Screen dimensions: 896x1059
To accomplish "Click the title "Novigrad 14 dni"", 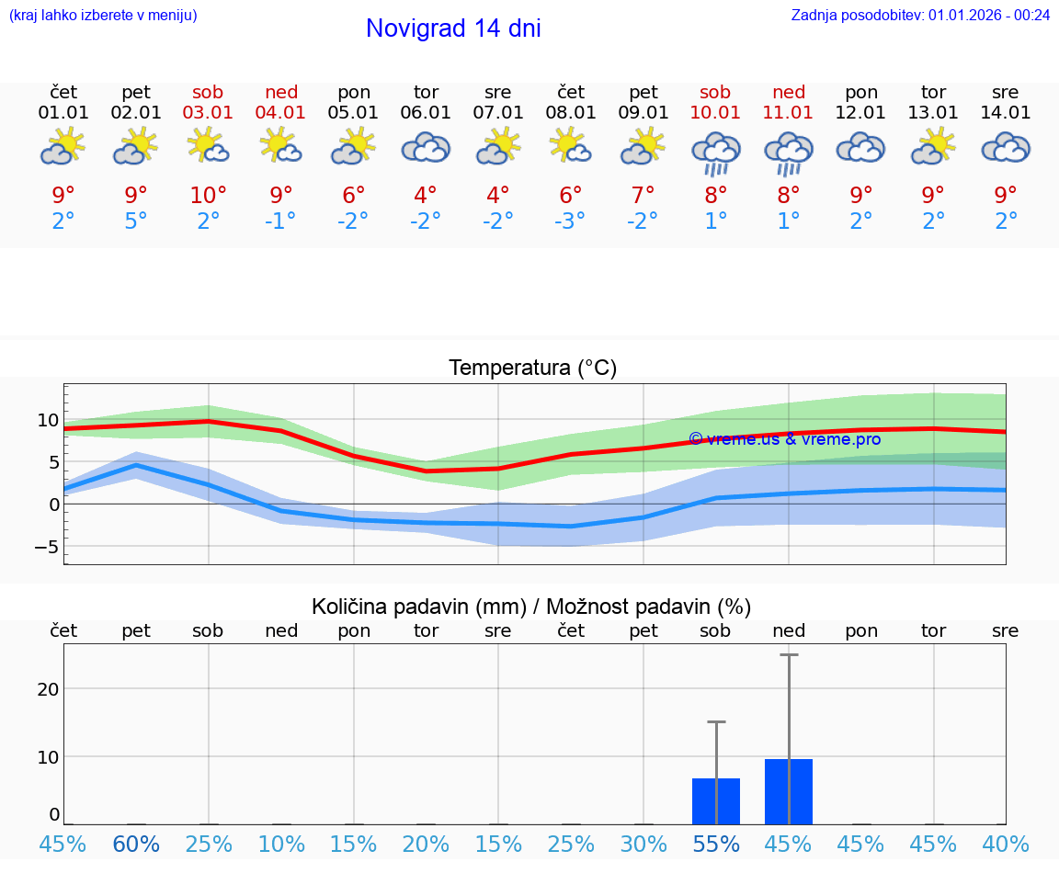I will click(453, 28).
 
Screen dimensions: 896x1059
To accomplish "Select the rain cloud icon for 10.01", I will click(715, 153).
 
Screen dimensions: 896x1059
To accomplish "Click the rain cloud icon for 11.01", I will click(788, 153).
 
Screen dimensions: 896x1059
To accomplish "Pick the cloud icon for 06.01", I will click(426, 148).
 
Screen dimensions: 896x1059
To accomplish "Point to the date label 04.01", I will click(281, 112).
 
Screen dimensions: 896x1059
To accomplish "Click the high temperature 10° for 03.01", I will click(209, 195).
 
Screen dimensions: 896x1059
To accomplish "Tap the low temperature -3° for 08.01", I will click(571, 221).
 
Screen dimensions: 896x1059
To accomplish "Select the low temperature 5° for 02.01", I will click(136, 221).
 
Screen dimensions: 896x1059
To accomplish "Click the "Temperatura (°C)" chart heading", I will click(532, 369).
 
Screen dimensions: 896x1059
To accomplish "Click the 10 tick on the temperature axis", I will click(48, 420).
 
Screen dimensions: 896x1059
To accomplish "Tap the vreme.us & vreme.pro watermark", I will click(784, 439).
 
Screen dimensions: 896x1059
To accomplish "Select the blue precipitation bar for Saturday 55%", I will click(716, 800).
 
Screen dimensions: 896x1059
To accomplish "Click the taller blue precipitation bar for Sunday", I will click(789, 791).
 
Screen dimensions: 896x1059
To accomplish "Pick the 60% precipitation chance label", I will click(136, 844).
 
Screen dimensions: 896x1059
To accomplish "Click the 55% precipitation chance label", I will click(716, 844).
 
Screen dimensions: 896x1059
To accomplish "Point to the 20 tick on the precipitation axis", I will click(48, 689).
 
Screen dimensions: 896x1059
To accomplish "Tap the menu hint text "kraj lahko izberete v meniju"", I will click(103, 15).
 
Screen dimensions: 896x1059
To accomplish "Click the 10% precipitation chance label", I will click(281, 844).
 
